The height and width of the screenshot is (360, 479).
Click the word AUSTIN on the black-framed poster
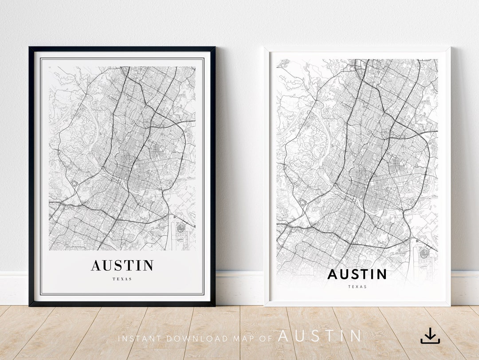coord(122,265)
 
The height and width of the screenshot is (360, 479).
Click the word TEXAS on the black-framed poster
coord(122,279)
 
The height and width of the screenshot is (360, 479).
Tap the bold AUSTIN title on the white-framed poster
coord(357,274)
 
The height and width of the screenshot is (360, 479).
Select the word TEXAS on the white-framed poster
coord(357,287)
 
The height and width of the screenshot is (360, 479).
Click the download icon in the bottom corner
coord(430,336)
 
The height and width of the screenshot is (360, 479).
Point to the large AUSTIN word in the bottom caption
coord(319,336)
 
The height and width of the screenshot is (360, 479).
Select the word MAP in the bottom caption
coord(243,338)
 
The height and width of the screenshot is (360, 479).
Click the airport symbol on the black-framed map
coord(181,229)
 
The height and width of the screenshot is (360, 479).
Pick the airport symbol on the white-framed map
coord(424,253)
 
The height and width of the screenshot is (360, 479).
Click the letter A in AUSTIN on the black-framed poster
coord(96,265)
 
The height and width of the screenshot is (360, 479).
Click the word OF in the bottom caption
coord(266,338)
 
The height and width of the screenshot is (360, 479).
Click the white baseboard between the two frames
coord(239,289)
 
